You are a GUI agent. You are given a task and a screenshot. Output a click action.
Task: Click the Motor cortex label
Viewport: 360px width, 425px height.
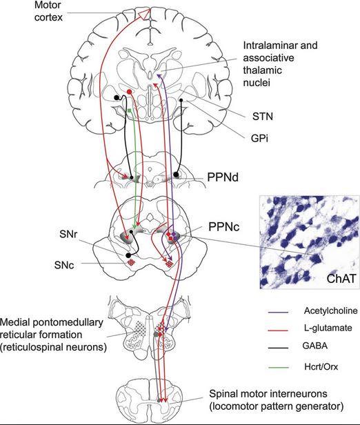[49, 11]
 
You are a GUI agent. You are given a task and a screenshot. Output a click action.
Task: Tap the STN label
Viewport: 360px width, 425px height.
[263, 117]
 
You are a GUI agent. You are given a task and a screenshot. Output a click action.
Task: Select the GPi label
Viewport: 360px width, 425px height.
[259, 139]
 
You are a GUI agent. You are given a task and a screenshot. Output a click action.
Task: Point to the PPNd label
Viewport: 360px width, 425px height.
[223, 177]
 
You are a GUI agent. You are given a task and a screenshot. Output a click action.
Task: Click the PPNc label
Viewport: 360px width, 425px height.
[223, 227]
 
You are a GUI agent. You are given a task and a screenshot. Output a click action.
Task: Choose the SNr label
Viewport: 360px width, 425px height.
[68, 234]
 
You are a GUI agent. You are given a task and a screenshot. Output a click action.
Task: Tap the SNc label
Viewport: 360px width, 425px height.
[64, 265]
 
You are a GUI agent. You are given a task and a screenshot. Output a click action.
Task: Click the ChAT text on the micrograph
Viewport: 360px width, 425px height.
[341, 278]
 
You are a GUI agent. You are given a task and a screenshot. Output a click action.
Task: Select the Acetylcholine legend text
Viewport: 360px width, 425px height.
[330, 310]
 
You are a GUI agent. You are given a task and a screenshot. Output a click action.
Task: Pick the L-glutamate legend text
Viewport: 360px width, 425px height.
[328, 328]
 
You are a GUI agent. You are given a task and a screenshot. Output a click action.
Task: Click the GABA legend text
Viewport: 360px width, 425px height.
[314, 346]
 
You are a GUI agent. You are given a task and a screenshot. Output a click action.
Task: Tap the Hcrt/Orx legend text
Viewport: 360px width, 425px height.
[321, 367]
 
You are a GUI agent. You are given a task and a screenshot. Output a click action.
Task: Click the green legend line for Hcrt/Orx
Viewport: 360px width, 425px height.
[278, 368]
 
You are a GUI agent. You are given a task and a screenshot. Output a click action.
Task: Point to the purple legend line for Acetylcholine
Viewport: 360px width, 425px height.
[278, 313]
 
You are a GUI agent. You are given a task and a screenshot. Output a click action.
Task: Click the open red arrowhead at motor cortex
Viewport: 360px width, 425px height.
[144, 14]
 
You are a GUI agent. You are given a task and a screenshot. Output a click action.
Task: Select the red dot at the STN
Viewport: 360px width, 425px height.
[129, 92]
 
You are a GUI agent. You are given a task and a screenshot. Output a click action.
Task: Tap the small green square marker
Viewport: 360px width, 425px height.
[130, 110]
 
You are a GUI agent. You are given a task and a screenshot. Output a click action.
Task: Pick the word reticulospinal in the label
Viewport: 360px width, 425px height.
[29, 347]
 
